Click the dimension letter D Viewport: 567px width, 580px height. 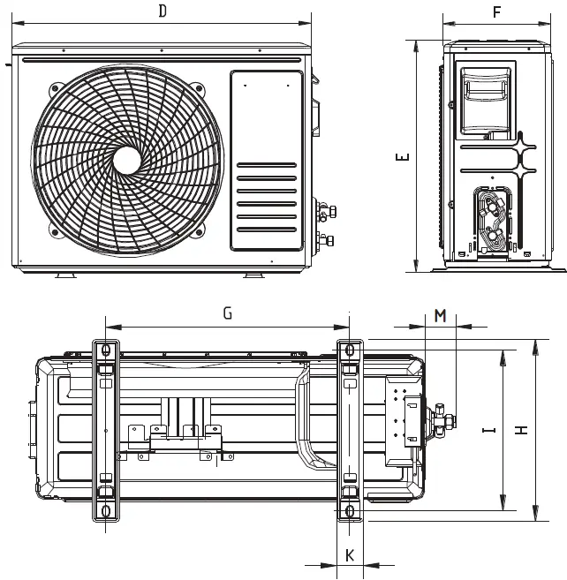pos(163,11)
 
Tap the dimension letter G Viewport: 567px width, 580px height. pos(227,313)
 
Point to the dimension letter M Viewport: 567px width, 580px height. pos(441,315)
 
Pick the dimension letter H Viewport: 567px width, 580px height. pos(522,430)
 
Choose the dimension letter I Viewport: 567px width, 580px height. pos(488,430)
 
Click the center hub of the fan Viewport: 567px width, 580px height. pos(127,159)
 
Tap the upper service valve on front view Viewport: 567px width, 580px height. pos(325,212)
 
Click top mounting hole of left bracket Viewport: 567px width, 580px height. pos(105,351)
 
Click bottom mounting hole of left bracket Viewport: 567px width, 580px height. pos(105,510)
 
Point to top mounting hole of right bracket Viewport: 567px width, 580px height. pos(350,351)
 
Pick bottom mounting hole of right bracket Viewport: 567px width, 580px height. pos(350,510)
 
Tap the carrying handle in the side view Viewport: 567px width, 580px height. pos(485,89)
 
